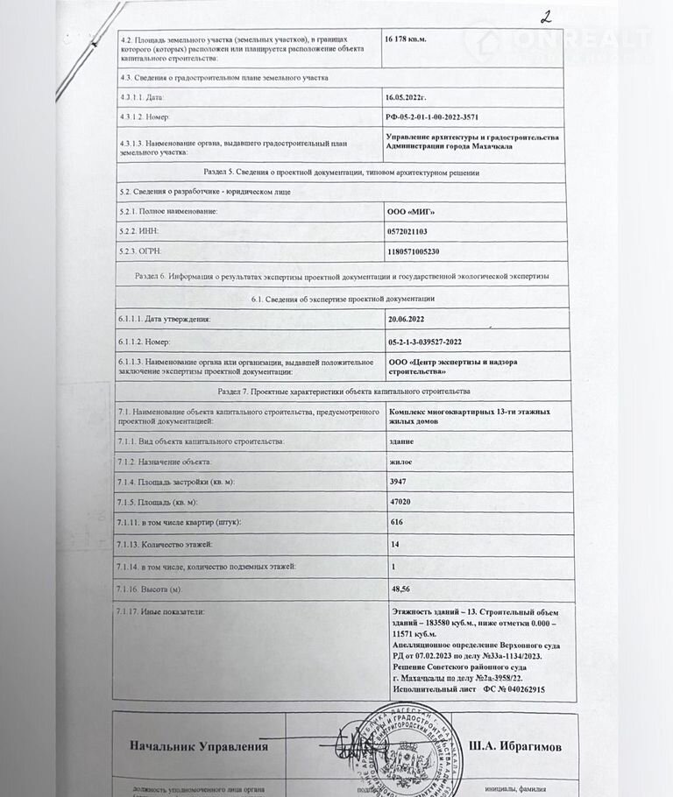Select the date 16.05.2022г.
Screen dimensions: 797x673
[412, 97]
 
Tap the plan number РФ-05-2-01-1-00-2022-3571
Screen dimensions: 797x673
[444, 116]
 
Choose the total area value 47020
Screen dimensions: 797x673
[403, 502]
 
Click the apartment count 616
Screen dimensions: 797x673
[399, 522]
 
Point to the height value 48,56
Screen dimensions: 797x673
[402, 587]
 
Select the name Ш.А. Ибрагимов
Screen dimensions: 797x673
[517, 746]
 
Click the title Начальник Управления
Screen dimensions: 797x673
[198, 747]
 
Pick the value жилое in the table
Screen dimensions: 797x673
[401, 461]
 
